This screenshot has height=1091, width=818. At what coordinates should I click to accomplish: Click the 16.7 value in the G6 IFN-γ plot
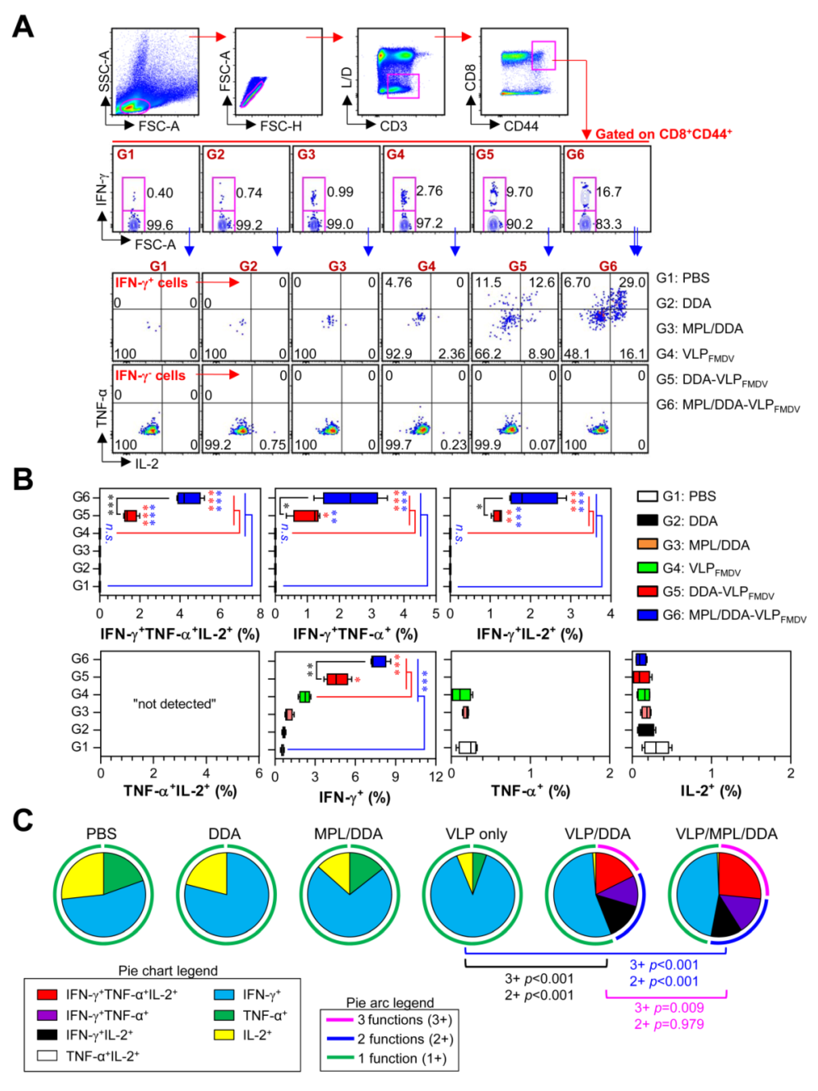[608, 192]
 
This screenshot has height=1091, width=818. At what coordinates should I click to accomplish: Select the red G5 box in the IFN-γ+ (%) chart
[337, 679]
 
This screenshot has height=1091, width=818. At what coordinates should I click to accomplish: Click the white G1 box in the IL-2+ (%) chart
[656, 748]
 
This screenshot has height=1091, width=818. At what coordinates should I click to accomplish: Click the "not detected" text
[174, 704]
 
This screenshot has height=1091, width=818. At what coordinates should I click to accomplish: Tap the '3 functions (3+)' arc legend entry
[404, 1020]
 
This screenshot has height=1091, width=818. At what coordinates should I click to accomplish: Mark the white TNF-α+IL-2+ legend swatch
[47, 1055]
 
